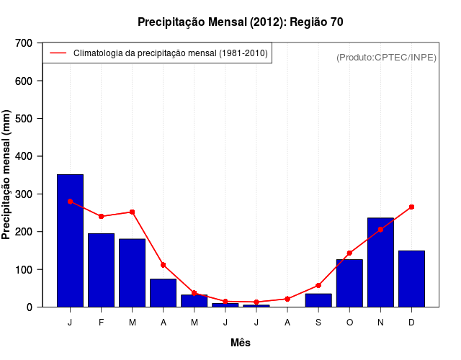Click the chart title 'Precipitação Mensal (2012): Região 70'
pyautogui.click(x=240, y=22)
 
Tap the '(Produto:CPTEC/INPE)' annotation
pyautogui.click(x=387, y=57)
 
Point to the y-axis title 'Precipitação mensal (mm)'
pyautogui.click(x=7, y=174)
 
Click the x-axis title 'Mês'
pyautogui.click(x=241, y=343)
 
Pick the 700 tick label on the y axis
pyautogui.click(x=24, y=43)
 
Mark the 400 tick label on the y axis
pyautogui.click(x=24, y=156)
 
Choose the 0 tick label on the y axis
pyautogui.click(x=30, y=307)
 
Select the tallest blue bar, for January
pyautogui.click(x=70, y=240)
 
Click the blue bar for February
pyautogui.click(x=102, y=270)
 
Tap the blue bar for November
pyautogui.click(x=380, y=262)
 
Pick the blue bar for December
pyautogui.click(x=411, y=279)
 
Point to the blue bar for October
pyautogui.click(x=349, y=283)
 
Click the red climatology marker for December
pyautogui.click(x=411, y=207)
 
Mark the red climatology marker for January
pyautogui.click(x=70, y=202)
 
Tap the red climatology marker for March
pyautogui.click(x=133, y=212)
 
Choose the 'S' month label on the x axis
pyautogui.click(x=318, y=323)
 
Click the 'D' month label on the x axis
pyautogui.click(x=411, y=323)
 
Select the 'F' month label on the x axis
pyautogui.click(x=102, y=323)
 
